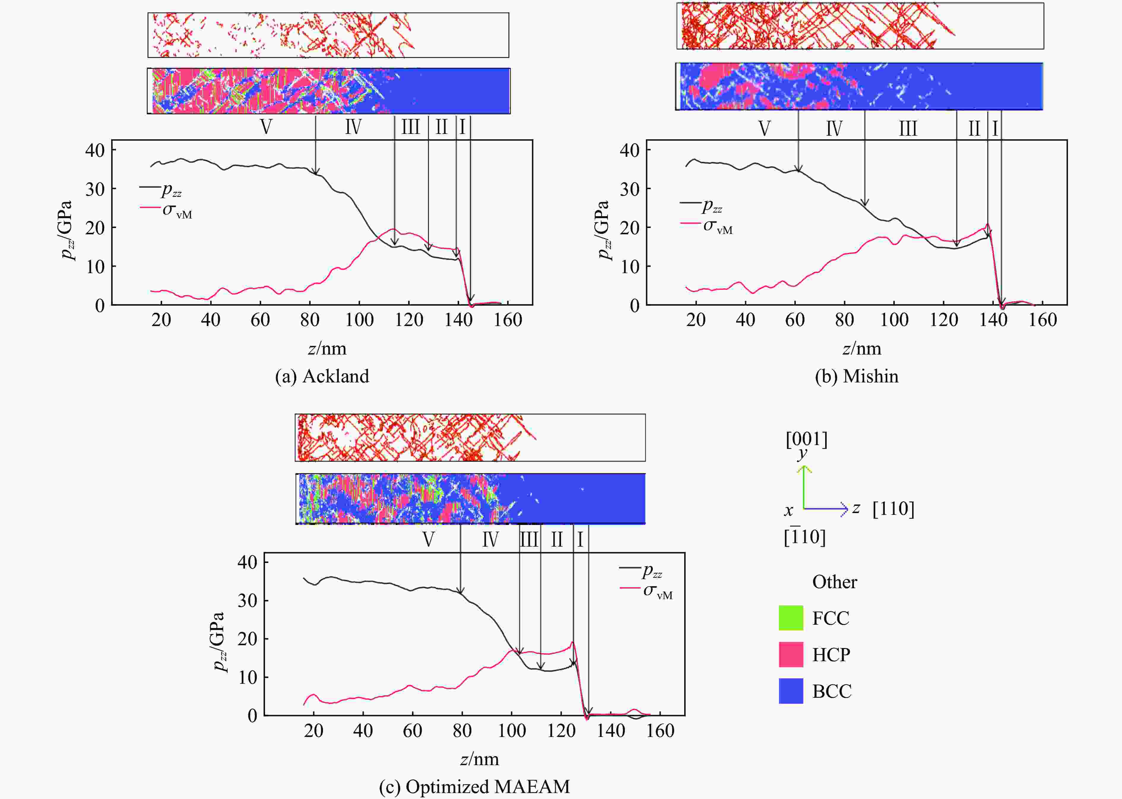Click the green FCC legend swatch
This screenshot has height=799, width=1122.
click(x=790, y=618)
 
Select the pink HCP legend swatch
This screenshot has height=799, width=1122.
click(x=790, y=654)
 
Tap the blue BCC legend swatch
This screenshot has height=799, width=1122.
click(x=790, y=691)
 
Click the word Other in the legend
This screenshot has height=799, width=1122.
click(x=834, y=582)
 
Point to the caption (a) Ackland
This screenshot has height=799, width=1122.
click(x=322, y=376)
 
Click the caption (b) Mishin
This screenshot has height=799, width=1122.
click(x=856, y=376)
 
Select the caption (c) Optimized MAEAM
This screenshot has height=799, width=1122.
click(x=474, y=786)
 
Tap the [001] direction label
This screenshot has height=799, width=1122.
click(x=806, y=439)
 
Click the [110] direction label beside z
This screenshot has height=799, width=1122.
click(x=893, y=509)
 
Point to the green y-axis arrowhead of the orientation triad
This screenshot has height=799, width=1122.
click(x=804, y=469)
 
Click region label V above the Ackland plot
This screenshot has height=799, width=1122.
click(x=266, y=127)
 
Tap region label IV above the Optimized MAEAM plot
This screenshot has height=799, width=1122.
click(x=490, y=540)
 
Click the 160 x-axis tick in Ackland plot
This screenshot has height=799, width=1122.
click(x=508, y=320)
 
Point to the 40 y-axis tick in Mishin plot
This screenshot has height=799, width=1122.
click(x=630, y=150)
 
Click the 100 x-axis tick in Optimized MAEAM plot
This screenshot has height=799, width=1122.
click(x=511, y=731)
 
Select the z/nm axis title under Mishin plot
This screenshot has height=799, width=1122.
click(x=862, y=349)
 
